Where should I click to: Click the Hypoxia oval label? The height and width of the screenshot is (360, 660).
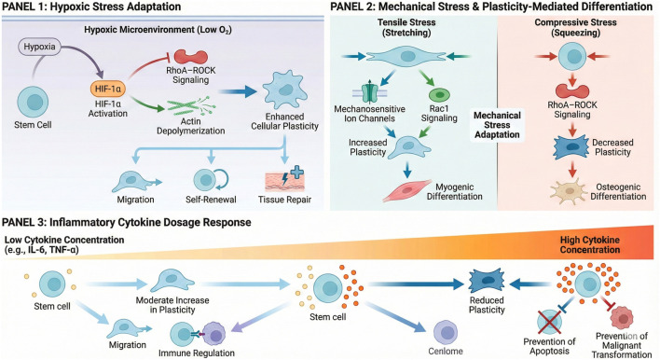coord(39,47)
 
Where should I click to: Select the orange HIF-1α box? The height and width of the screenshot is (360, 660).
coord(108,89)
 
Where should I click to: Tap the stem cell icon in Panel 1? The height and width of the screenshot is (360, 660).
coord(33,103)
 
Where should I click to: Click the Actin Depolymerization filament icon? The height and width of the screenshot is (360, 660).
coord(191,106)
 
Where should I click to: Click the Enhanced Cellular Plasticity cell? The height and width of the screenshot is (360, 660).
coord(285,90)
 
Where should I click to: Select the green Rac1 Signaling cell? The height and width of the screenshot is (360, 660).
coord(439,94)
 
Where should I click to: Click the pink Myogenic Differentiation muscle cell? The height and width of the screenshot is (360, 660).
coord(407,190)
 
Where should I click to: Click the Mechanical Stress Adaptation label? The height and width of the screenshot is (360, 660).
coord(497,125)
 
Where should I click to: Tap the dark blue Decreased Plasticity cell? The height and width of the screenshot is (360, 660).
coord(571,147)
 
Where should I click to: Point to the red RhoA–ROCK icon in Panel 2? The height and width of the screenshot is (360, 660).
coord(572,91)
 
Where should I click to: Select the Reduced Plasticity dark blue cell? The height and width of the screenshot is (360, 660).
coord(487,282)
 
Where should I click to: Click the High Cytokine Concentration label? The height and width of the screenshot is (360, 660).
coord(590,244)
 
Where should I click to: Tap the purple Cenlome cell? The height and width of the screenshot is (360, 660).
coord(446,332)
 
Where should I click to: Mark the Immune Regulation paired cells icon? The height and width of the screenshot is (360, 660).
coord(198,334)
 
